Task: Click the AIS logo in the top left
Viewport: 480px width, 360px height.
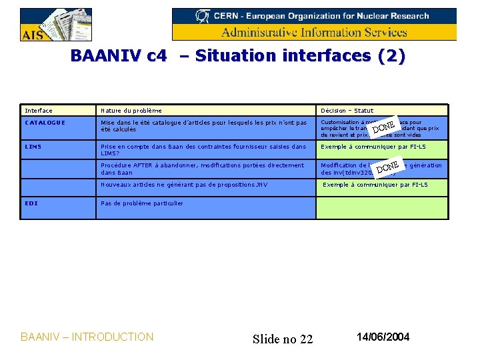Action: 56,25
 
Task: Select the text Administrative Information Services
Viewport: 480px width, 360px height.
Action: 314,32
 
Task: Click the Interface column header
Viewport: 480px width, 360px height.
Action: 39,111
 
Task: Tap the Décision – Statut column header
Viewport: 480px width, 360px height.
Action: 347,111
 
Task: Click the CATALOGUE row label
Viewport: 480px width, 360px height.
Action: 45,123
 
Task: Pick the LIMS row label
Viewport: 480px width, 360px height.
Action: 33,147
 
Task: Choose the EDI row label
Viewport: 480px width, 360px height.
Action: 31,203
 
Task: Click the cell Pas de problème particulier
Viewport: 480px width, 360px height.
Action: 141,203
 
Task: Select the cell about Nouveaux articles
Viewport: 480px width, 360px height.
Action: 183,185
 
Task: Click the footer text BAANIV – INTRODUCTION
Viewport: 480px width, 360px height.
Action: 87,337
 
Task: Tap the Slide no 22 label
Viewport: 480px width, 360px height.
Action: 283,339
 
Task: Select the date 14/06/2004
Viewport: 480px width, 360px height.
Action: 383,337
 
